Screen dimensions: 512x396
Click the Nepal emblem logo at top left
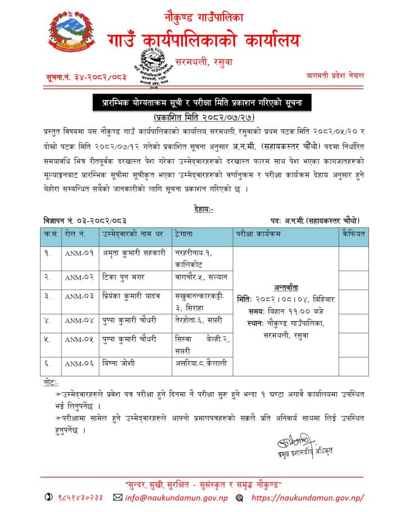69,37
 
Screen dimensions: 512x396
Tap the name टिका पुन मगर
124,276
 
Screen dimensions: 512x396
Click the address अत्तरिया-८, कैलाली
201,364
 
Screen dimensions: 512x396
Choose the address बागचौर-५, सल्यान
201,276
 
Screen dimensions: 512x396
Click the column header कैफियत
353,233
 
